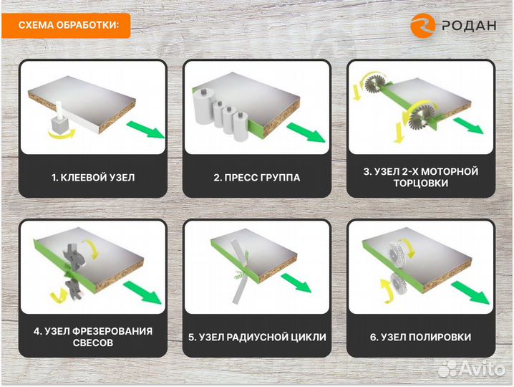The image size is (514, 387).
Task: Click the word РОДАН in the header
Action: tap(467, 26)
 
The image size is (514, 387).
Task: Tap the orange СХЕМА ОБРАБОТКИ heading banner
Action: tap(69, 26)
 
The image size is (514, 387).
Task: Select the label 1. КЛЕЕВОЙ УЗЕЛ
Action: tap(93, 177)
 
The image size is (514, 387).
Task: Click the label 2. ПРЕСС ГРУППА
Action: tap(257, 177)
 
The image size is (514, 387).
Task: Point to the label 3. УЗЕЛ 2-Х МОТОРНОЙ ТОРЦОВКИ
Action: tap(422, 177)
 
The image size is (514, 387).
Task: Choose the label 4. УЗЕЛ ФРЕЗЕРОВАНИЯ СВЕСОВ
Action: tap(93, 336)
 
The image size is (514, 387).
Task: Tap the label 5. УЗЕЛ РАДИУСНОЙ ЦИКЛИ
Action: tap(257, 336)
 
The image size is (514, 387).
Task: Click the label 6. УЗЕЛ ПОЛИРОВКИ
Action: tap(422, 336)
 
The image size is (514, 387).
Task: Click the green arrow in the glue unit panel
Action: tap(147, 131)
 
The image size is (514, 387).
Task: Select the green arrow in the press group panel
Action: tap(306, 131)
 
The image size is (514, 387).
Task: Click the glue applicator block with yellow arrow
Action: tap(56, 128)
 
